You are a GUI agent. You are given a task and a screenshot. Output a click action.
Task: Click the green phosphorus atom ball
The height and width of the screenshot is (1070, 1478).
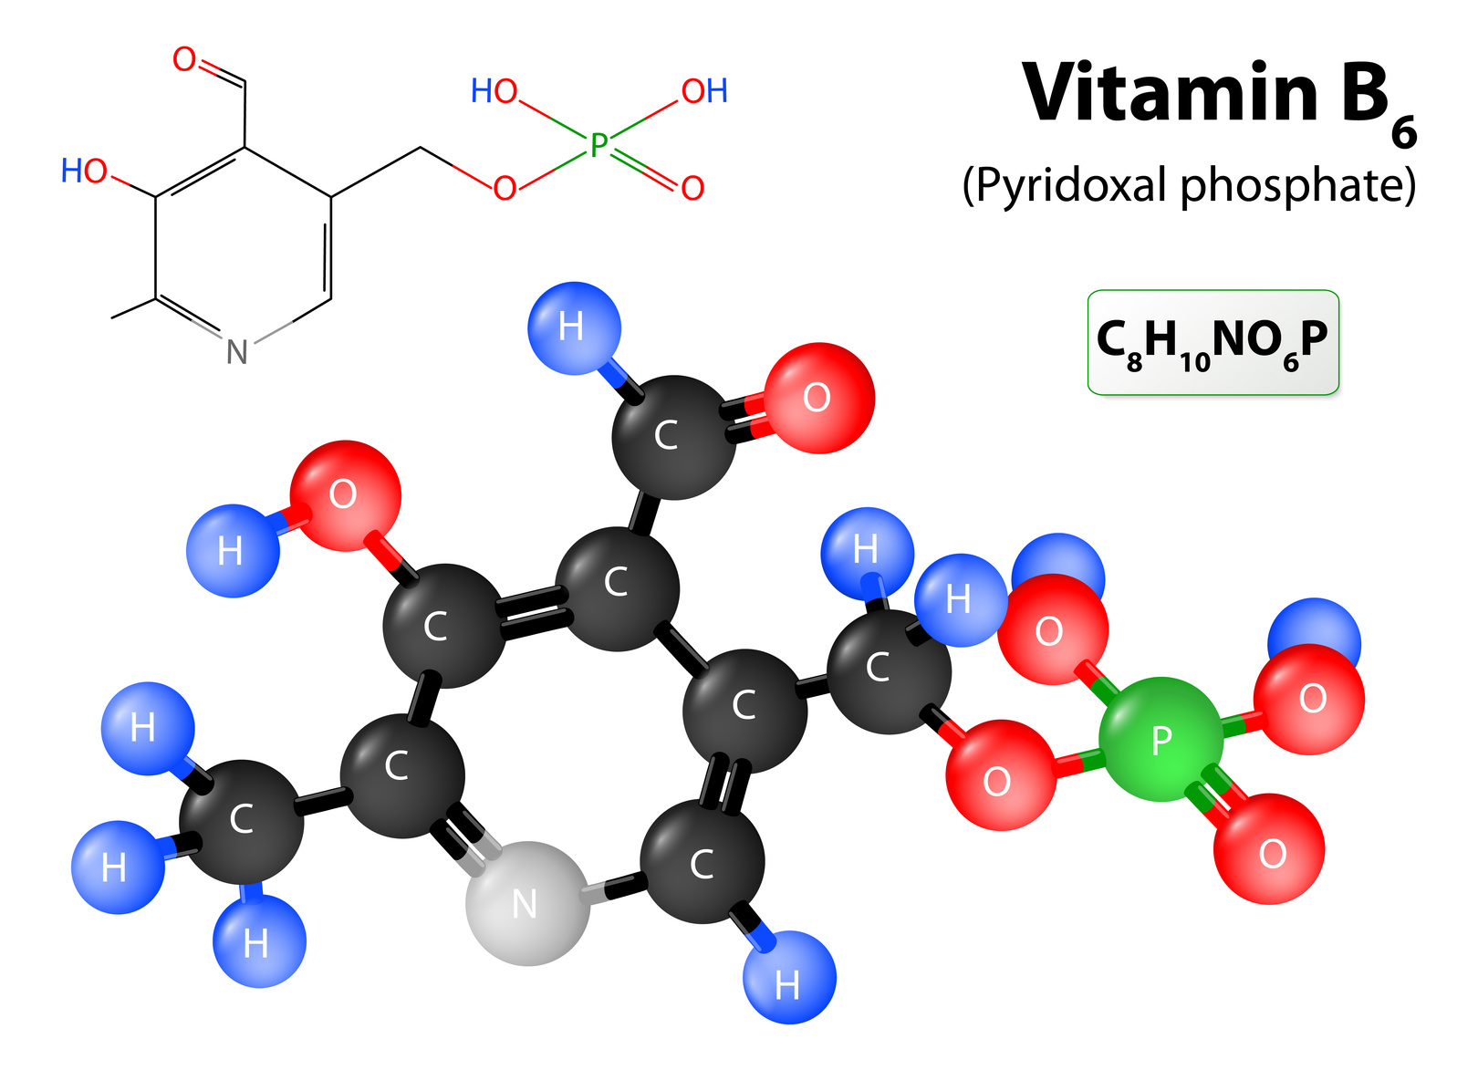(1162, 740)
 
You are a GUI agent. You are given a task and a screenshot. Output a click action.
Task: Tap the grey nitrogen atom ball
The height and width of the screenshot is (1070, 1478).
(527, 903)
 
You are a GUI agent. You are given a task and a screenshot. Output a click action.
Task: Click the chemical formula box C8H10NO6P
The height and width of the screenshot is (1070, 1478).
(1213, 342)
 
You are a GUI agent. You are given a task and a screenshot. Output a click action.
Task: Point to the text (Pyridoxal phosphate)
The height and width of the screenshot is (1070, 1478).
(1189, 186)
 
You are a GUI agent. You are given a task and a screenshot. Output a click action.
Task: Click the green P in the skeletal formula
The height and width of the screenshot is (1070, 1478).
(598, 145)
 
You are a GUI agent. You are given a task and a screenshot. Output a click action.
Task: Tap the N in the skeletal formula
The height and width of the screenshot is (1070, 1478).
(237, 351)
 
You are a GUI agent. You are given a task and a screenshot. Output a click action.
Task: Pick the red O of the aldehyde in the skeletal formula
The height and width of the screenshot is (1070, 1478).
(184, 58)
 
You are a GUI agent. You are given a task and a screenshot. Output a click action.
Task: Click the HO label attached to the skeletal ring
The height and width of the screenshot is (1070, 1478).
(84, 171)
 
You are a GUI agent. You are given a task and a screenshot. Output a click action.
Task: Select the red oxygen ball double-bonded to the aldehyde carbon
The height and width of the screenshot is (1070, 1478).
(819, 398)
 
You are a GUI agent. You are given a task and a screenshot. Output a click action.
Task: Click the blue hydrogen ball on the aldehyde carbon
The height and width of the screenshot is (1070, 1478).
(574, 328)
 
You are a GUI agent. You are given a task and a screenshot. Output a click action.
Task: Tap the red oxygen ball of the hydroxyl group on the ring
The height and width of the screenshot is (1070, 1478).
(345, 495)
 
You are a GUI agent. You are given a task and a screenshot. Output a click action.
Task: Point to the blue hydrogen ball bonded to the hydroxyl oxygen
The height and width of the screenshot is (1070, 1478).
(233, 551)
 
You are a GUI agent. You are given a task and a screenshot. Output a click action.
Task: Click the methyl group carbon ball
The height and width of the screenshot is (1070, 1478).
(242, 822)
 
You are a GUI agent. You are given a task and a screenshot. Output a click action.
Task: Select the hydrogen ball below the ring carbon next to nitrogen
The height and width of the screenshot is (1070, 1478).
(789, 978)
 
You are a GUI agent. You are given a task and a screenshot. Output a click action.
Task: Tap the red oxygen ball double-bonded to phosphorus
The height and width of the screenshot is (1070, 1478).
(1269, 848)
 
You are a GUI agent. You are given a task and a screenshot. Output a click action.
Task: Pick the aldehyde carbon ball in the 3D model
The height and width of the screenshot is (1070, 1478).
(674, 437)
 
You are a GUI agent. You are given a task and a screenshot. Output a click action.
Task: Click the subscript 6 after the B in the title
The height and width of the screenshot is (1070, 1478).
(1404, 132)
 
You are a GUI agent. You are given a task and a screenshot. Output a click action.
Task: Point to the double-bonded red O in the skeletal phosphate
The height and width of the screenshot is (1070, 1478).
(692, 188)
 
